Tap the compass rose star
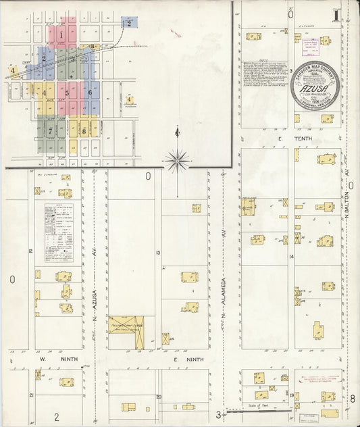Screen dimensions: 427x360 click(x=176, y=160)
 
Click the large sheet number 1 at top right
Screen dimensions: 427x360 click(x=336, y=14)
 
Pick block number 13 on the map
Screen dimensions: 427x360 click(x=157, y=253)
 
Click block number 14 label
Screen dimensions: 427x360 click(x=292, y=257)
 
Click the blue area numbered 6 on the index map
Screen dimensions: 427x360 click(x=89, y=91)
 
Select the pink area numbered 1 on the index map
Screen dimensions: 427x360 click(x=61, y=34)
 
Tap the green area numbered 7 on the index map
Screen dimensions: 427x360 click(x=50, y=130)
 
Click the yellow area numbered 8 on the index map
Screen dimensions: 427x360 click(x=83, y=130)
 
